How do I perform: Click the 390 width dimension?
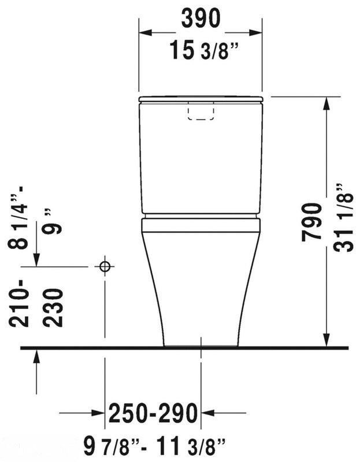pyautogui.click(x=201, y=18)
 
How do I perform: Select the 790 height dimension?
pyautogui.click(x=311, y=222)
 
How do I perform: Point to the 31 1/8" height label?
pyautogui.click(x=343, y=218)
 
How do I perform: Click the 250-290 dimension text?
pyautogui.click(x=153, y=413)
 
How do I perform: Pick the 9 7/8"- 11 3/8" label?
pyautogui.click(x=155, y=446)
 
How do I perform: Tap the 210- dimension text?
pyautogui.click(x=19, y=304)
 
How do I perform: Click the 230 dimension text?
pyautogui.click(x=53, y=307)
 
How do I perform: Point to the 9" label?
pyautogui.click(x=52, y=221)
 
